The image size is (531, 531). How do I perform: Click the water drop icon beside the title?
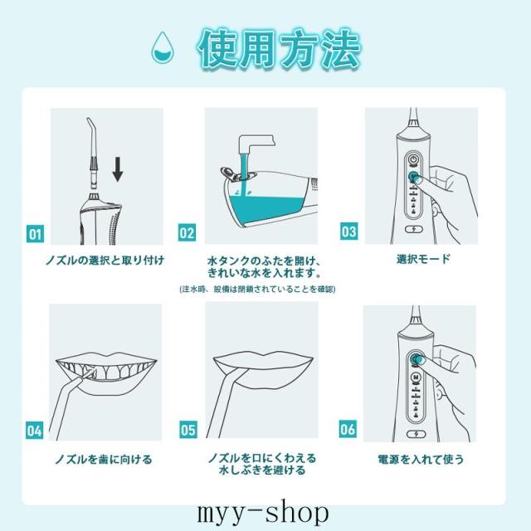163,46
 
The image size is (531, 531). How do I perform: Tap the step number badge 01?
35,234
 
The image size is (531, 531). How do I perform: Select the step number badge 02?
187,232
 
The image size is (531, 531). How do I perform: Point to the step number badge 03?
348,231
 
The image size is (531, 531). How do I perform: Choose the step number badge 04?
35,431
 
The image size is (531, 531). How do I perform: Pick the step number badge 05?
188,430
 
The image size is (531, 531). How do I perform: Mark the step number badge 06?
348,429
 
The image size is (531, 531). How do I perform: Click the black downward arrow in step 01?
118,169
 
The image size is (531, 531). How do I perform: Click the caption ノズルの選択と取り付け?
105,261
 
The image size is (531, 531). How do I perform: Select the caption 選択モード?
423,259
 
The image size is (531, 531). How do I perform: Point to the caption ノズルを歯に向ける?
104,460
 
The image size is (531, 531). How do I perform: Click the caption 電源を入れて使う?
421,459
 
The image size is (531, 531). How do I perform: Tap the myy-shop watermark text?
262,514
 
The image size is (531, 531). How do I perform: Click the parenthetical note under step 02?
257,289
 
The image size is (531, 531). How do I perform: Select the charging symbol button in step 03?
414,229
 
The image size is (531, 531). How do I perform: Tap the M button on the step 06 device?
416,377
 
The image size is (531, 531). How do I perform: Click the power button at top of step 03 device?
413,159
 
